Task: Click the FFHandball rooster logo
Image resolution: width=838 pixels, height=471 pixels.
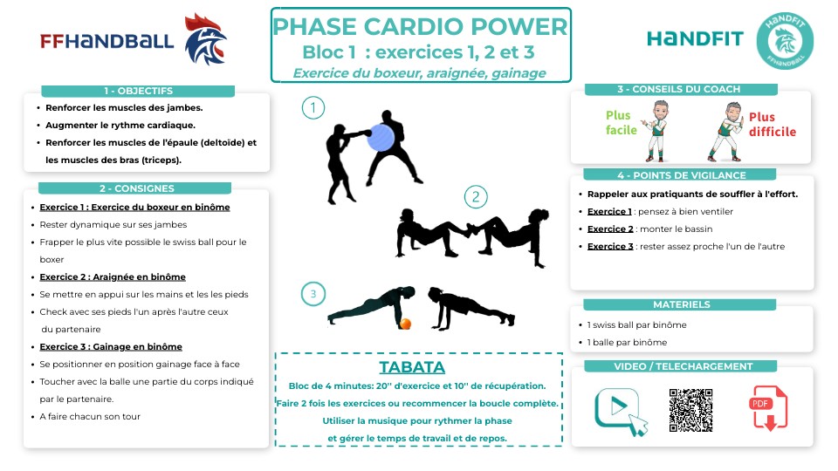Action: pyautogui.click(x=205, y=40)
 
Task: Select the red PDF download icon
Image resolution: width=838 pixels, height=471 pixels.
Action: pyautogui.click(x=769, y=408)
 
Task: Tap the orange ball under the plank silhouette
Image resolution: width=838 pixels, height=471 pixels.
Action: pyautogui.click(x=405, y=324)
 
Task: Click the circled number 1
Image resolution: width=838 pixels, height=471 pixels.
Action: pyautogui.click(x=313, y=108)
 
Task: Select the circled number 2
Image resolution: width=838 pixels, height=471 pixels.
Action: pyautogui.click(x=475, y=197)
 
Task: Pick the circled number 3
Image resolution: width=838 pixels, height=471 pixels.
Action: pyautogui.click(x=313, y=294)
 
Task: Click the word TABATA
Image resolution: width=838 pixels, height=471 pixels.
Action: pyautogui.click(x=412, y=367)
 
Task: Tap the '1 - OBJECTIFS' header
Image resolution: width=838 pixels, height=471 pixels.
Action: pyautogui.click(x=138, y=91)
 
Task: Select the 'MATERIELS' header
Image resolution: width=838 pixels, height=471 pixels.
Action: pyautogui.click(x=681, y=304)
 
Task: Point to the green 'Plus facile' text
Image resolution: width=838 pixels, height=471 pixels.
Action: pyautogui.click(x=618, y=123)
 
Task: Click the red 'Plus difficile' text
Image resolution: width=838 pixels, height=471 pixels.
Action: pyautogui.click(x=773, y=125)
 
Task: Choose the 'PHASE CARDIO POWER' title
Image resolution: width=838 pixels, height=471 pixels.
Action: pyautogui.click(x=421, y=26)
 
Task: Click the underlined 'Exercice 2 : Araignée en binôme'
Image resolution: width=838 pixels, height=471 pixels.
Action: pyautogui.click(x=113, y=277)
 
